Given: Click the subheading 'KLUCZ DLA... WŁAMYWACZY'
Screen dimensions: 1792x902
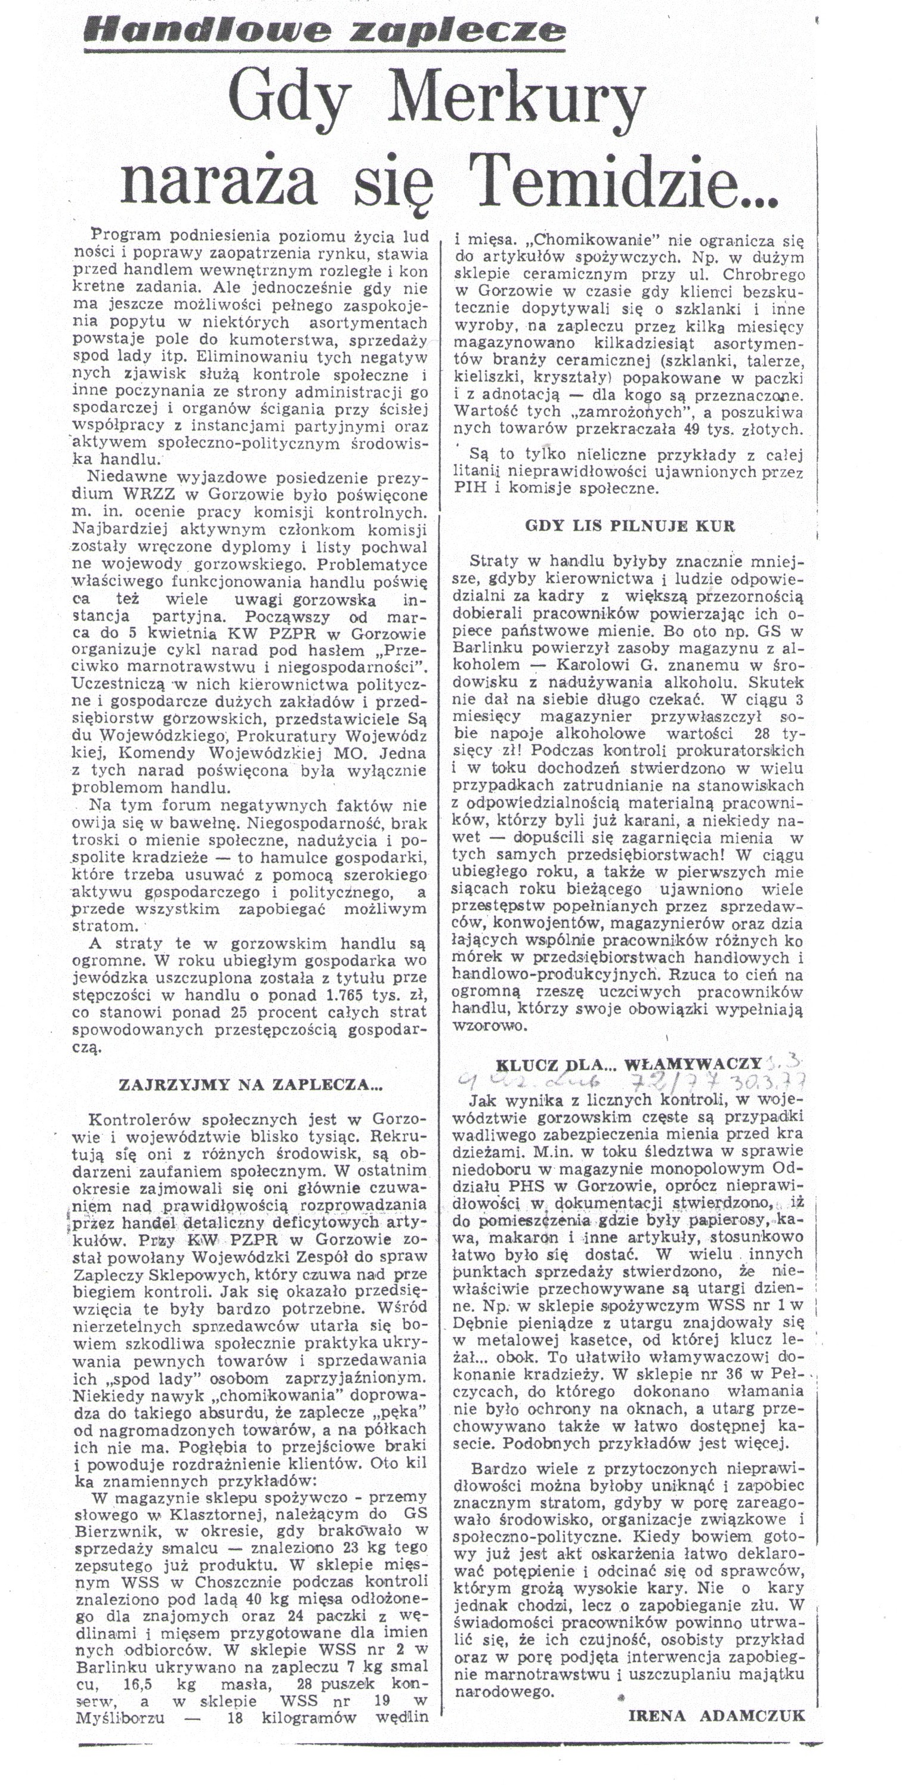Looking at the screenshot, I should coord(629,1064).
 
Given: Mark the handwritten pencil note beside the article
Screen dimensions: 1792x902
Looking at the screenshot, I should coord(626,1079).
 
